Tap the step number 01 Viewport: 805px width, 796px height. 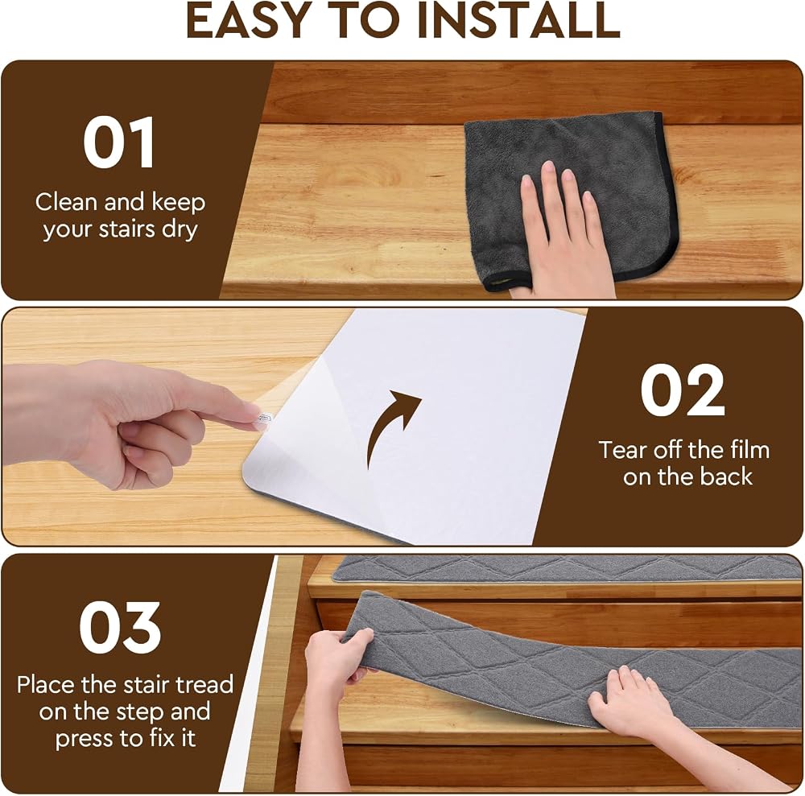pos(118,142)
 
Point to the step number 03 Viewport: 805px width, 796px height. pos(120,627)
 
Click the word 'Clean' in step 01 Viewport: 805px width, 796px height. pos(67,202)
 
